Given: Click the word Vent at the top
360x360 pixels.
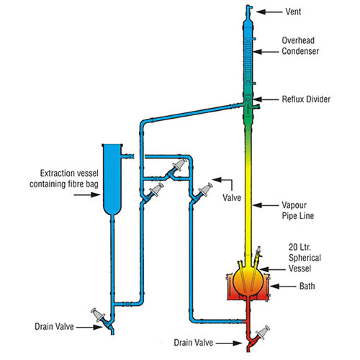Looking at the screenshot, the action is (x=293, y=12).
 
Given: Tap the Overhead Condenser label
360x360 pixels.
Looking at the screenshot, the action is (x=300, y=45).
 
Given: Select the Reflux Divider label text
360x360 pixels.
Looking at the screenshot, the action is (x=306, y=99).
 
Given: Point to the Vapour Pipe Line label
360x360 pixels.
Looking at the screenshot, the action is (x=298, y=210).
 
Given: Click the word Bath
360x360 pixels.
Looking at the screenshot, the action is (x=307, y=286).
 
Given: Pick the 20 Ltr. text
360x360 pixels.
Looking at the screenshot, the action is (x=300, y=247).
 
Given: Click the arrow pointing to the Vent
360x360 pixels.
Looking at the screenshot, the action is (x=269, y=12).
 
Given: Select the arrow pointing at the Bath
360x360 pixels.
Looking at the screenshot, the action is (x=283, y=287).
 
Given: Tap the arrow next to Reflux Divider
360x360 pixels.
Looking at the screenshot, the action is (x=266, y=99).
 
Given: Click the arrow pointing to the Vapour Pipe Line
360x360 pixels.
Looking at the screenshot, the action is (x=266, y=205).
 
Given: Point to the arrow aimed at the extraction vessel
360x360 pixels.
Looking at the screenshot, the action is (x=86, y=194).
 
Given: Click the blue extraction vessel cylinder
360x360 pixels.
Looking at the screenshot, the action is (x=112, y=179).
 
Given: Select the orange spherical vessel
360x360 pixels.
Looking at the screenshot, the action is (x=248, y=280).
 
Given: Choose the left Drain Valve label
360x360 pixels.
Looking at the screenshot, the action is (x=54, y=327).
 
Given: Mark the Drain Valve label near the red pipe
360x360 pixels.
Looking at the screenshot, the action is (x=194, y=343).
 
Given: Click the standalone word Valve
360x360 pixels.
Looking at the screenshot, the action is (x=232, y=197).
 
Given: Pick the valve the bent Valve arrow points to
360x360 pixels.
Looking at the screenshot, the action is (x=202, y=192).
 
